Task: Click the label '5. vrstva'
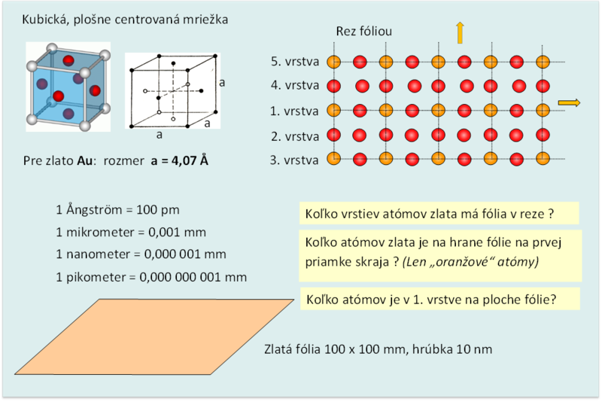295,62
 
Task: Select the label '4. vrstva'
295,85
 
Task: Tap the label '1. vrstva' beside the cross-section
294,111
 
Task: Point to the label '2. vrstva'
295,136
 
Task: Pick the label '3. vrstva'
294,160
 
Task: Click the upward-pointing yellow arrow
460,33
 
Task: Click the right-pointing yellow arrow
569,102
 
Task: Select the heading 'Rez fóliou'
364,31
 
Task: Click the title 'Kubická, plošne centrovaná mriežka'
125,20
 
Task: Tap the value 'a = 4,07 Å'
180,160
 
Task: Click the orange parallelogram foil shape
154,337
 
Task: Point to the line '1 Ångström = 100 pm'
117,209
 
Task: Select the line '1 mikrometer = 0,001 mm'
131,232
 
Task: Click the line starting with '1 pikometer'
151,277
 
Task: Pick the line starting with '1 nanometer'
141,254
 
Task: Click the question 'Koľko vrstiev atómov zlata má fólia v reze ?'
430,214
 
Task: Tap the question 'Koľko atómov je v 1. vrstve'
431,300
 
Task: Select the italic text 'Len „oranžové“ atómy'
470,262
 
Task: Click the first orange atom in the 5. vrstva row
333,62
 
